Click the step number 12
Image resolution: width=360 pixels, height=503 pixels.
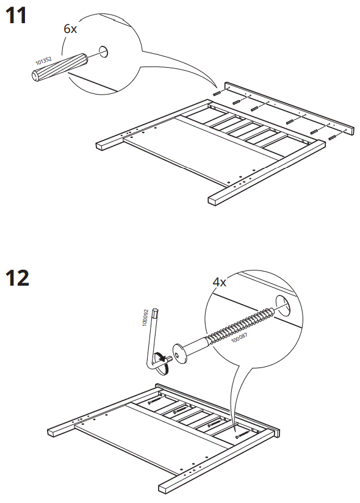(18, 278)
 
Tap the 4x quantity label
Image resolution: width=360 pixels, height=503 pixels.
(220, 283)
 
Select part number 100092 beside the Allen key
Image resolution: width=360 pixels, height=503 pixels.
(146, 317)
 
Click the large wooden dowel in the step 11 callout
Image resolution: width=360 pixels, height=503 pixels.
(59, 67)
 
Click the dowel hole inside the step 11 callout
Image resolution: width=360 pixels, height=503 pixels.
(102, 51)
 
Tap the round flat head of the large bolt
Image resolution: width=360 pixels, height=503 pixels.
(181, 355)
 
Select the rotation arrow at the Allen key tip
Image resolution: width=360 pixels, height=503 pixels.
(161, 361)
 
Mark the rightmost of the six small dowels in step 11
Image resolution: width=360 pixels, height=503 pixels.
(333, 138)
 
